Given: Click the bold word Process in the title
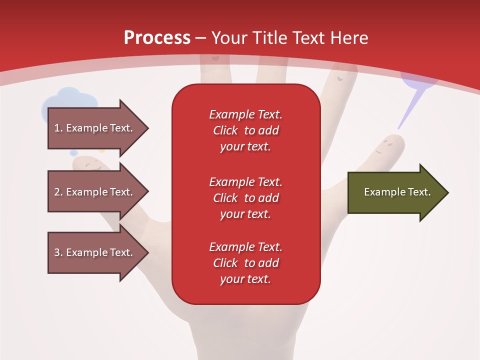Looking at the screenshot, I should coord(157,37).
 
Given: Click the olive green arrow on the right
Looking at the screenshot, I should coord(395,192).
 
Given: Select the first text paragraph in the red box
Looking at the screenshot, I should coord(245,130).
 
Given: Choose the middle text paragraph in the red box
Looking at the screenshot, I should coord(245,198).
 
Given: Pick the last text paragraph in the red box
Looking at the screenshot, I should coord(245,263).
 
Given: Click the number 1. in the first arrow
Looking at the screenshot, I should coord(58,128).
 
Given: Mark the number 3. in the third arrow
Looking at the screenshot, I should coord(58,252).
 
